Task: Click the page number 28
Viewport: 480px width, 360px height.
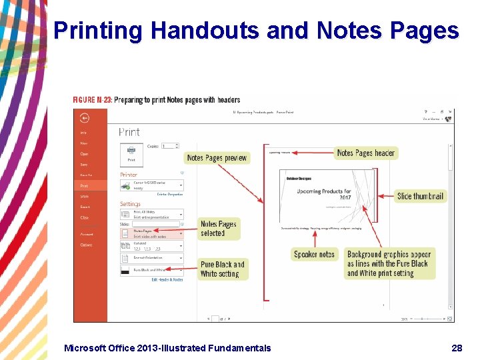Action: (x=457, y=347)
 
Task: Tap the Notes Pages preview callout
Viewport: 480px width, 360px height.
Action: (x=217, y=158)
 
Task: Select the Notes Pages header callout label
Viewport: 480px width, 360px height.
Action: (x=366, y=153)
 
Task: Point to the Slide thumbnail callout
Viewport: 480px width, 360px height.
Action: (x=420, y=196)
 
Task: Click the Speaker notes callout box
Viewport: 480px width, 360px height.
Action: (x=314, y=254)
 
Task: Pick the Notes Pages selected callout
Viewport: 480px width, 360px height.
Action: (x=219, y=229)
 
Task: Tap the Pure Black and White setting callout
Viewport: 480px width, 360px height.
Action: (x=223, y=269)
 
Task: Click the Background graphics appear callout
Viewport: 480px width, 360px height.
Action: (x=389, y=263)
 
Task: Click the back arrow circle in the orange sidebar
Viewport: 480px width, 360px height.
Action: (x=85, y=118)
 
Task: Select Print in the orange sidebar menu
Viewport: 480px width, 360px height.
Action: (x=84, y=186)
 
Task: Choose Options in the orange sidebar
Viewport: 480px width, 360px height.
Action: (x=87, y=245)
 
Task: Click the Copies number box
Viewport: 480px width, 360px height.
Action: (x=170, y=145)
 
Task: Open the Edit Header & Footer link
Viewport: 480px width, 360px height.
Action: (x=167, y=280)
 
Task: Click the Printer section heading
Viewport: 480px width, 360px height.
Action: (x=129, y=175)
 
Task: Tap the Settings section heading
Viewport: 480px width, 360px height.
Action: (x=131, y=204)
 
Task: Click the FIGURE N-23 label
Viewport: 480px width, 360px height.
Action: (x=92, y=100)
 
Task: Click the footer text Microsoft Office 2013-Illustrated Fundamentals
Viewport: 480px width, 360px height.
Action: (x=167, y=347)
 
